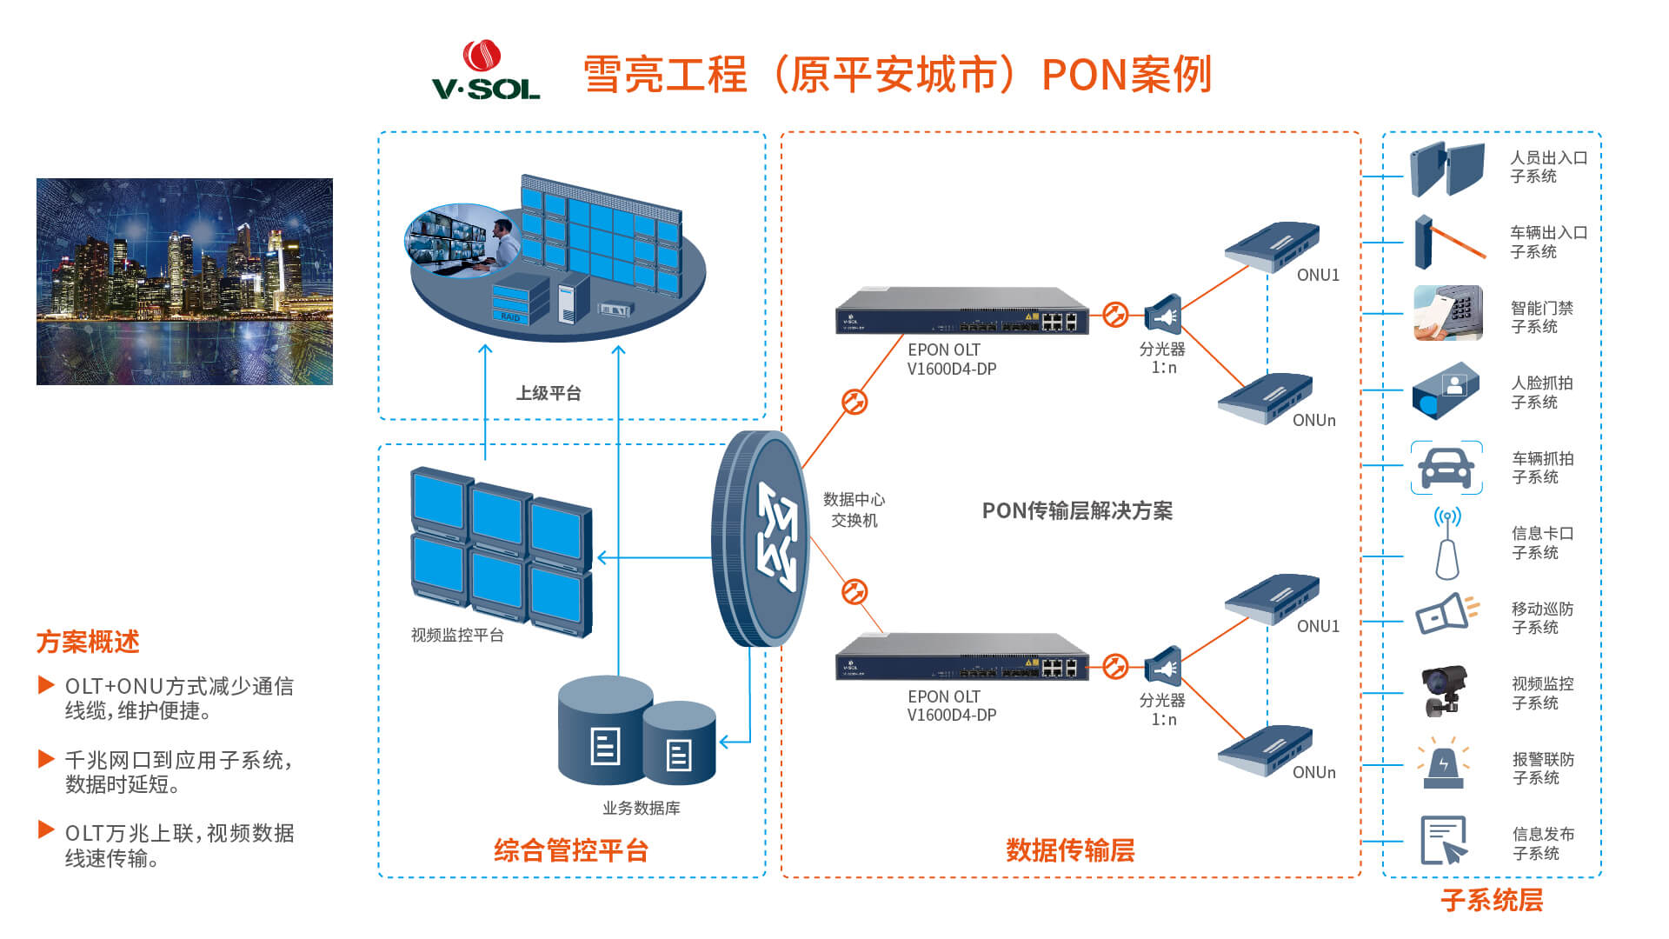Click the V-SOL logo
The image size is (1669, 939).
click(x=486, y=70)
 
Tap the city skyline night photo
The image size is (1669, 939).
click(x=184, y=282)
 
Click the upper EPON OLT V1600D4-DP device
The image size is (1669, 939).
click(x=961, y=311)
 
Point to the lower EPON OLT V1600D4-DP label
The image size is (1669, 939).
click(x=951, y=706)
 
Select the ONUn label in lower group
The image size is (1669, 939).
click(x=1313, y=772)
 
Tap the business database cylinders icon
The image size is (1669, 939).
click(x=636, y=732)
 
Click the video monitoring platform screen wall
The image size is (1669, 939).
click(x=501, y=551)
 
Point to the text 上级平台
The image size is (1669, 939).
click(x=549, y=394)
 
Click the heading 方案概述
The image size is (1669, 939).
click(x=88, y=643)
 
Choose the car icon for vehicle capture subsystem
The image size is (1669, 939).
click(x=1446, y=469)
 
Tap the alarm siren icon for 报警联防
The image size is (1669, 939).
click(x=1443, y=764)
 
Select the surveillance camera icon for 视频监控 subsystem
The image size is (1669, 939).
click(x=1443, y=690)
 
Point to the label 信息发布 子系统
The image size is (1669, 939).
click(x=1542, y=843)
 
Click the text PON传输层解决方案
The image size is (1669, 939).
click(x=1077, y=511)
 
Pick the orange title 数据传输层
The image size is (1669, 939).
click(x=1070, y=850)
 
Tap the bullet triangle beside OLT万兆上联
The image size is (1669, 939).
click(x=46, y=829)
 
